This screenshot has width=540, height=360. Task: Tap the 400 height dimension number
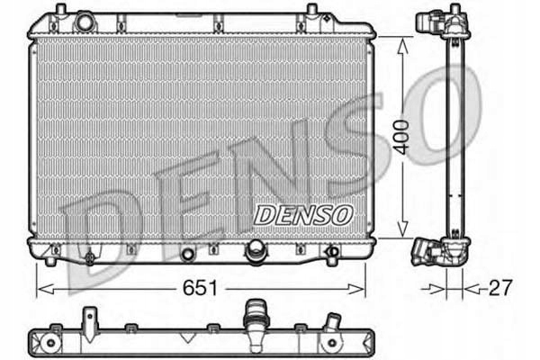point(402,135)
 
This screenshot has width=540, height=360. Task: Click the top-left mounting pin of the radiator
point(60,10)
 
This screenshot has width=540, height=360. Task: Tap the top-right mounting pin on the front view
point(311,10)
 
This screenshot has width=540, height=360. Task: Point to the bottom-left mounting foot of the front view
point(51,259)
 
